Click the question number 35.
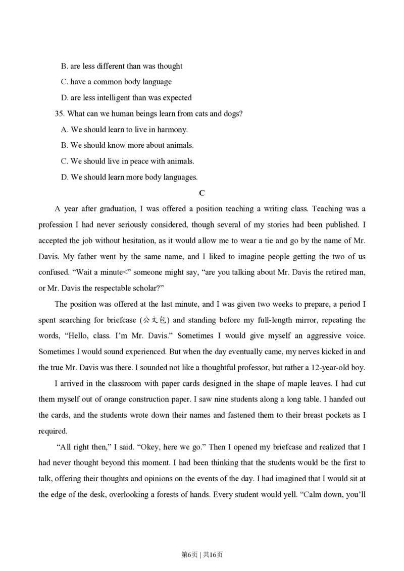[x=60, y=113]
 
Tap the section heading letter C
[x=202, y=193]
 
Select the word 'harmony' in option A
[x=173, y=130]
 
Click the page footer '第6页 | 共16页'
[x=202, y=554]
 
